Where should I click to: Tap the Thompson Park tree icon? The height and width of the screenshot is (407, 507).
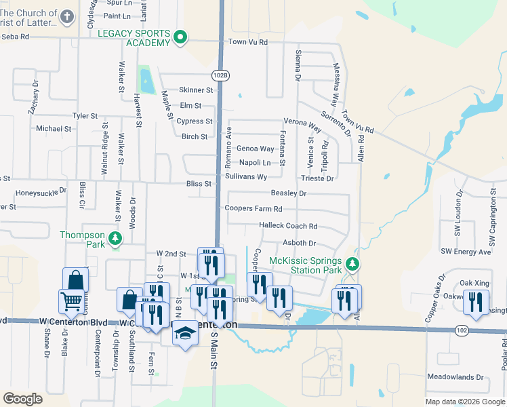click(x=116, y=238)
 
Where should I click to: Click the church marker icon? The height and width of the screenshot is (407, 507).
click(x=66, y=17)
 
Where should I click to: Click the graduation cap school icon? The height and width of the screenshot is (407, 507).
click(x=184, y=334)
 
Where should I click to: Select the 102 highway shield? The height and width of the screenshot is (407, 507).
click(x=462, y=330)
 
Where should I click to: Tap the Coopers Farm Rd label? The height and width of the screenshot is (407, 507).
click(x=253, y=209)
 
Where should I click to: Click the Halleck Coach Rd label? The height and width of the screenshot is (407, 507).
click(x=288, y=226)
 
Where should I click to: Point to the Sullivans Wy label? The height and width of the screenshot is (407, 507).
click(x=245, y=176)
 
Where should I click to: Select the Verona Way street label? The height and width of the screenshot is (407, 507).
click(x=302, y=126)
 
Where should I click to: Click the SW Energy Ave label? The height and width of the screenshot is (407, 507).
click(x=466, y=252)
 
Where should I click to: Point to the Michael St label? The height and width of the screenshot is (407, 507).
click(x=54, y=128)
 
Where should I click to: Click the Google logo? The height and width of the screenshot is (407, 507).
click(x=23, y=398)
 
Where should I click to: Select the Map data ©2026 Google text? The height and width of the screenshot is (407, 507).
click(x=465, y=401)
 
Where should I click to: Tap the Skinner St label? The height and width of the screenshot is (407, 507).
click(x=196, y=90)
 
